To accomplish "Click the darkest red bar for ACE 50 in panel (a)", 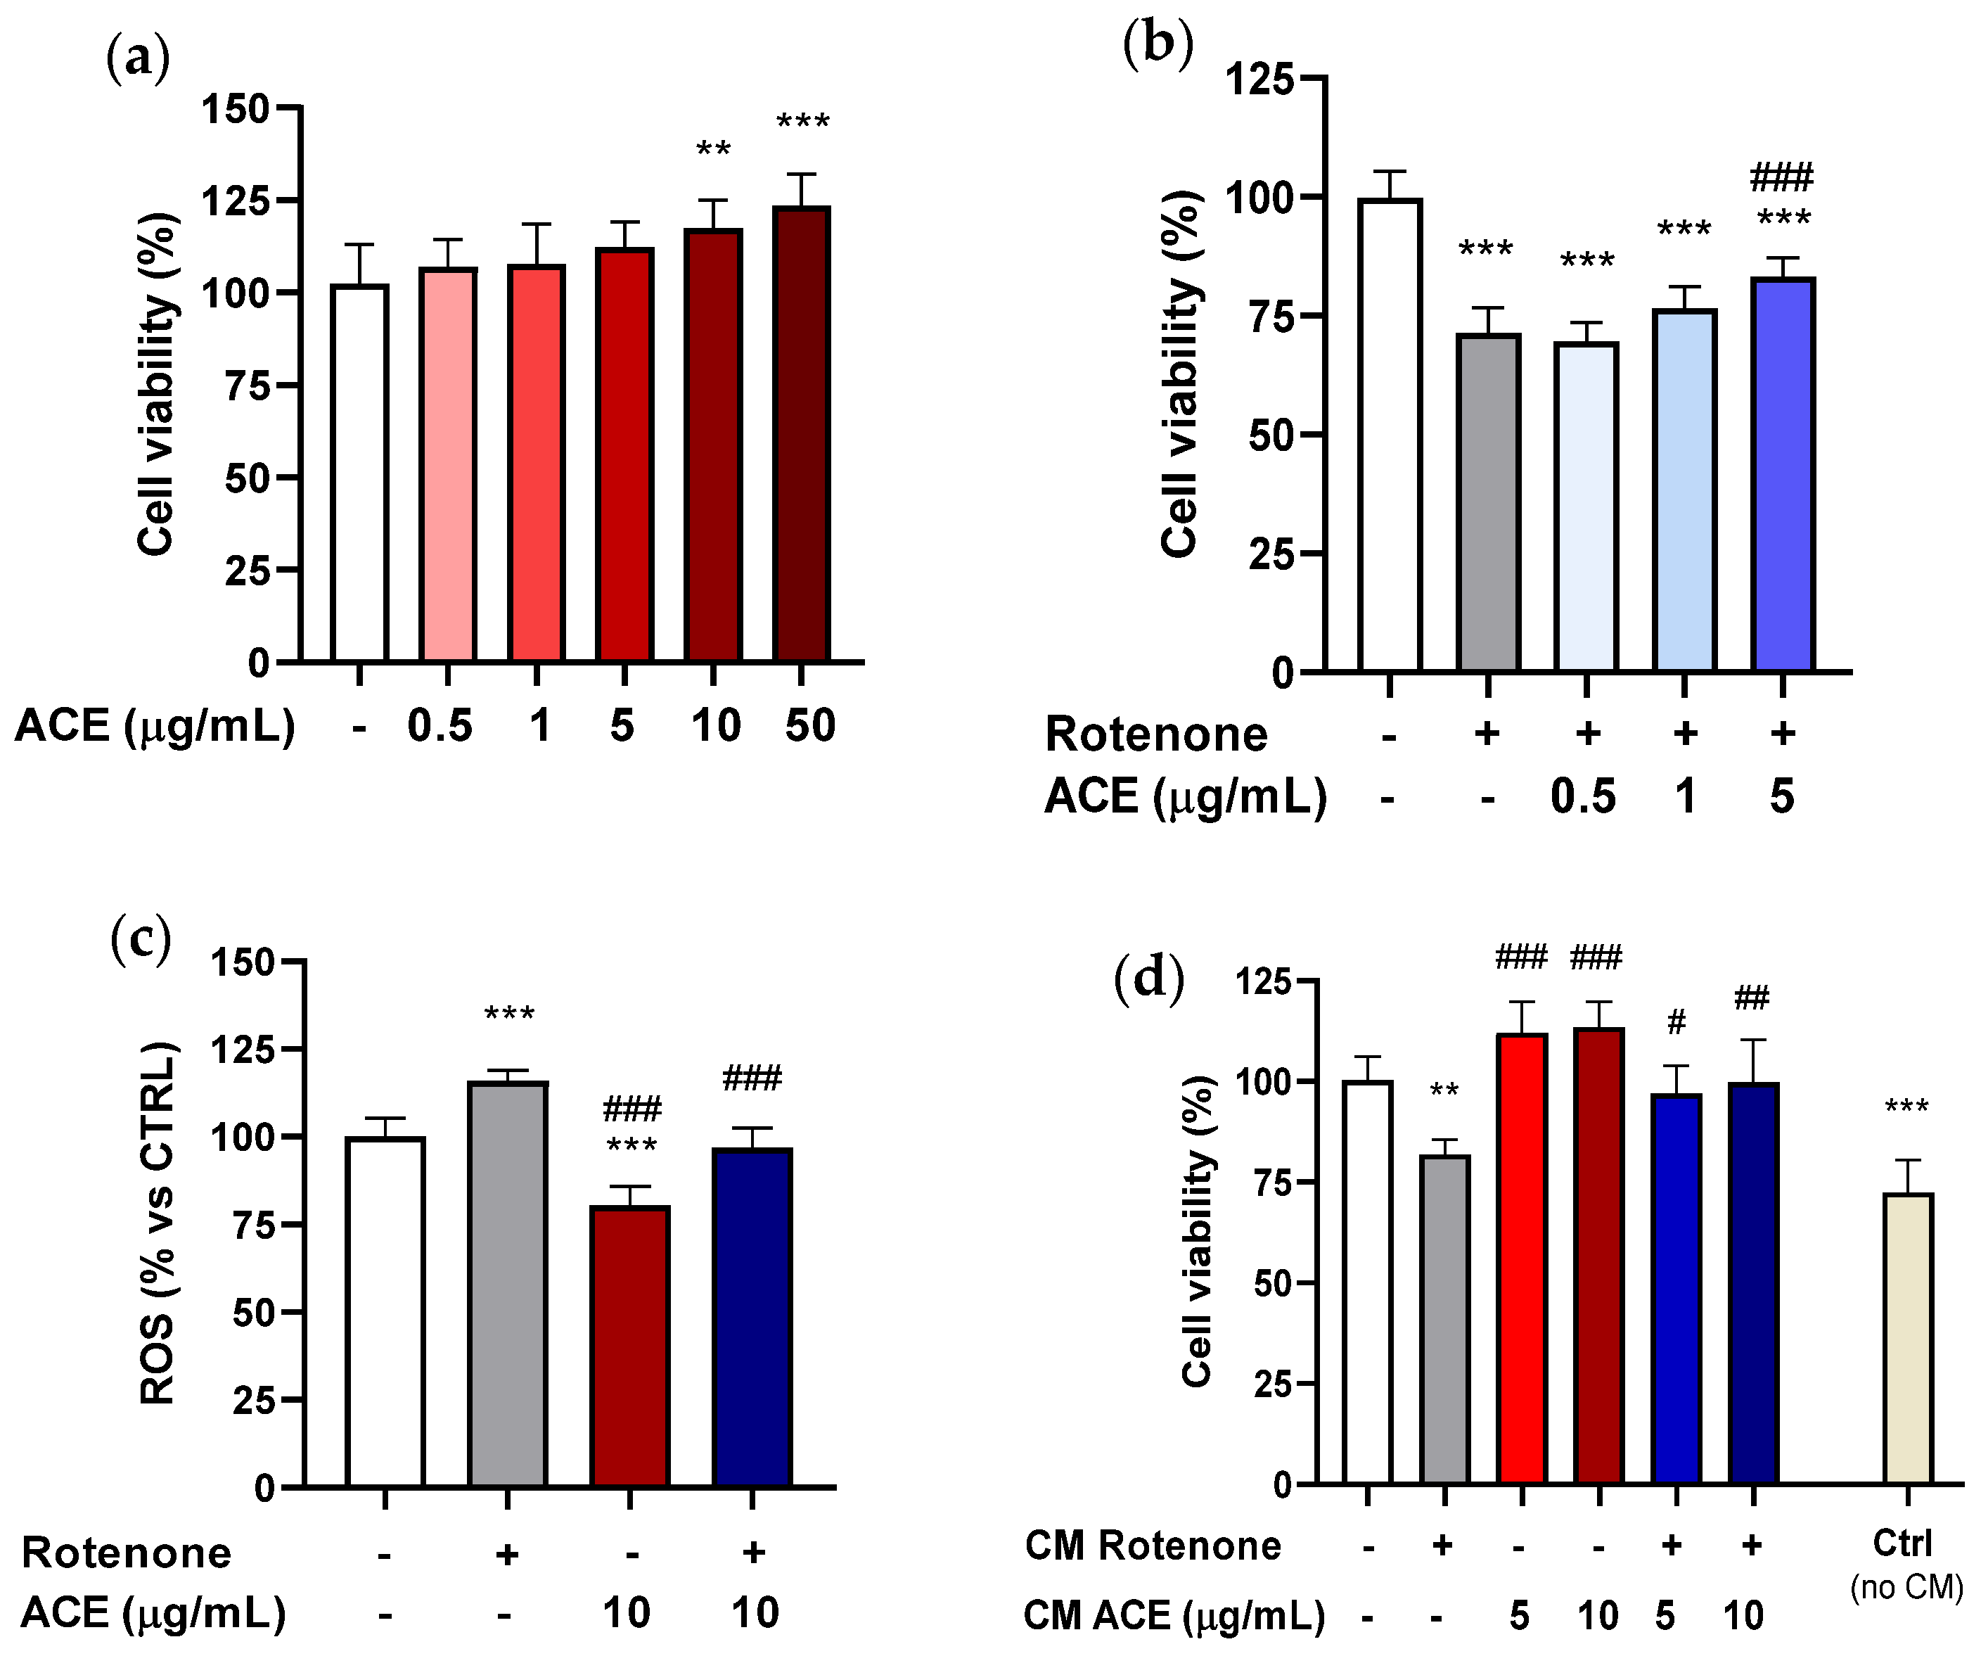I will pos(801,434).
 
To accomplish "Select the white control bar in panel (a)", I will pos(359,472).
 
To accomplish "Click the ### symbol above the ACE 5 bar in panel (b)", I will pos(1781,177).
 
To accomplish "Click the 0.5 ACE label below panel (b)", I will pos(1583,796).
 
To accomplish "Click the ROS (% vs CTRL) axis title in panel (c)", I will pos(158,1224).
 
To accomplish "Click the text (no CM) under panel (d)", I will pos(1906,1587).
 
